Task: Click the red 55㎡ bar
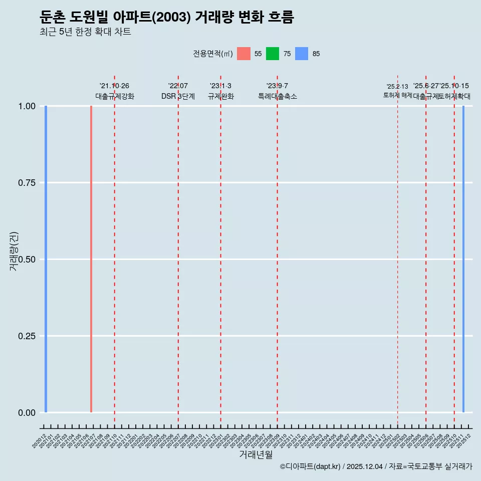coord(91,259)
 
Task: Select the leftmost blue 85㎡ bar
coord(46,259)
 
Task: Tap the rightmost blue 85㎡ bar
coord(463,259)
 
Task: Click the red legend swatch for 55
coord(244,54)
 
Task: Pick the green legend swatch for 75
coord(273,54)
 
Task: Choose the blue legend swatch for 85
coord(302,54)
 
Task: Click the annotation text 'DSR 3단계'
coord(178,96)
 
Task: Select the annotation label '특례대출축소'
coord(278,96)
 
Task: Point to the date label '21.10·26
coord(114,86)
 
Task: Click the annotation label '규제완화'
coord(220,96)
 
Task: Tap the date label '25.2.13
coord(397,87)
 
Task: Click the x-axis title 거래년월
coord(256,454)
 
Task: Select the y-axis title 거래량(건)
coord(14,251)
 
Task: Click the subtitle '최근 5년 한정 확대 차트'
coord(85,32)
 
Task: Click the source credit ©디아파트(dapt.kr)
coord(310,466)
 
